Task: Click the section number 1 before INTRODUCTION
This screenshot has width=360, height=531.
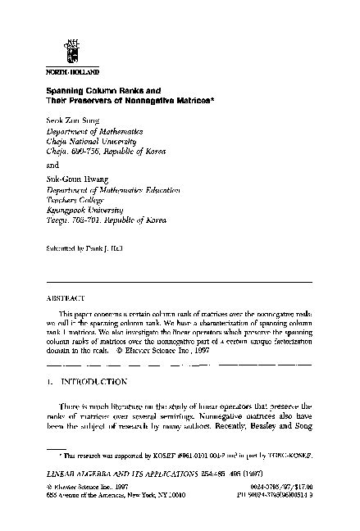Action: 49,381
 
